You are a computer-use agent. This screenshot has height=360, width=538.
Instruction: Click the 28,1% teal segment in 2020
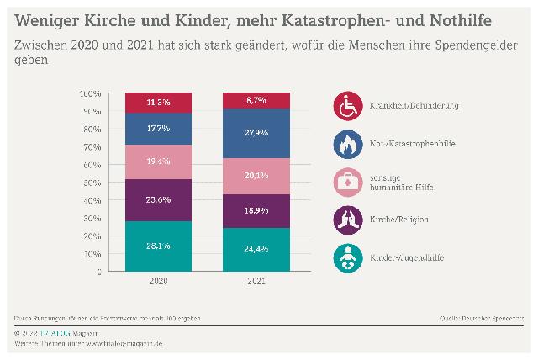click(159, 246)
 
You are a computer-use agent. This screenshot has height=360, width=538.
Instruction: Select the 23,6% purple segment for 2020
click(159, 200)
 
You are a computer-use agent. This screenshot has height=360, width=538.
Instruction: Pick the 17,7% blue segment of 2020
click(159, 129)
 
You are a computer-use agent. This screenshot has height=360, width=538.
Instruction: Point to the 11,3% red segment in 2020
click(159, 103)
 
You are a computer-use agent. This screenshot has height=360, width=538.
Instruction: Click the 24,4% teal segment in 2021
click(256, 249)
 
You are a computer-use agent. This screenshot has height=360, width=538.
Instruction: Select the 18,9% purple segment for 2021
click(256, 210)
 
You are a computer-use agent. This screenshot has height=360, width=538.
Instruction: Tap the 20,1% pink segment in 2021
click(256, 176)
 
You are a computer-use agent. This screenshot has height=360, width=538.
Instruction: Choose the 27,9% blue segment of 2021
click(256, 133)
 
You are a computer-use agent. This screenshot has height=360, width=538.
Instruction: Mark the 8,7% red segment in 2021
click(256, 100)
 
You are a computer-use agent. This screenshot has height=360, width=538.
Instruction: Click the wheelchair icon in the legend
click(347, 106)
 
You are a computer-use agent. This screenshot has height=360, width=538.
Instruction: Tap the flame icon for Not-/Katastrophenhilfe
click(347, 145)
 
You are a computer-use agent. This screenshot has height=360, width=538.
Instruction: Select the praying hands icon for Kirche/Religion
click(347, 219)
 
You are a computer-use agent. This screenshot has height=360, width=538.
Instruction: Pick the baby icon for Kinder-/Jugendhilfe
click(347, 257)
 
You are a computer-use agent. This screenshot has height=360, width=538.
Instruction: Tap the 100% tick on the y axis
click(92, 93)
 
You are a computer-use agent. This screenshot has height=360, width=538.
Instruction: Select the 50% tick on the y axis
click(93, 183)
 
